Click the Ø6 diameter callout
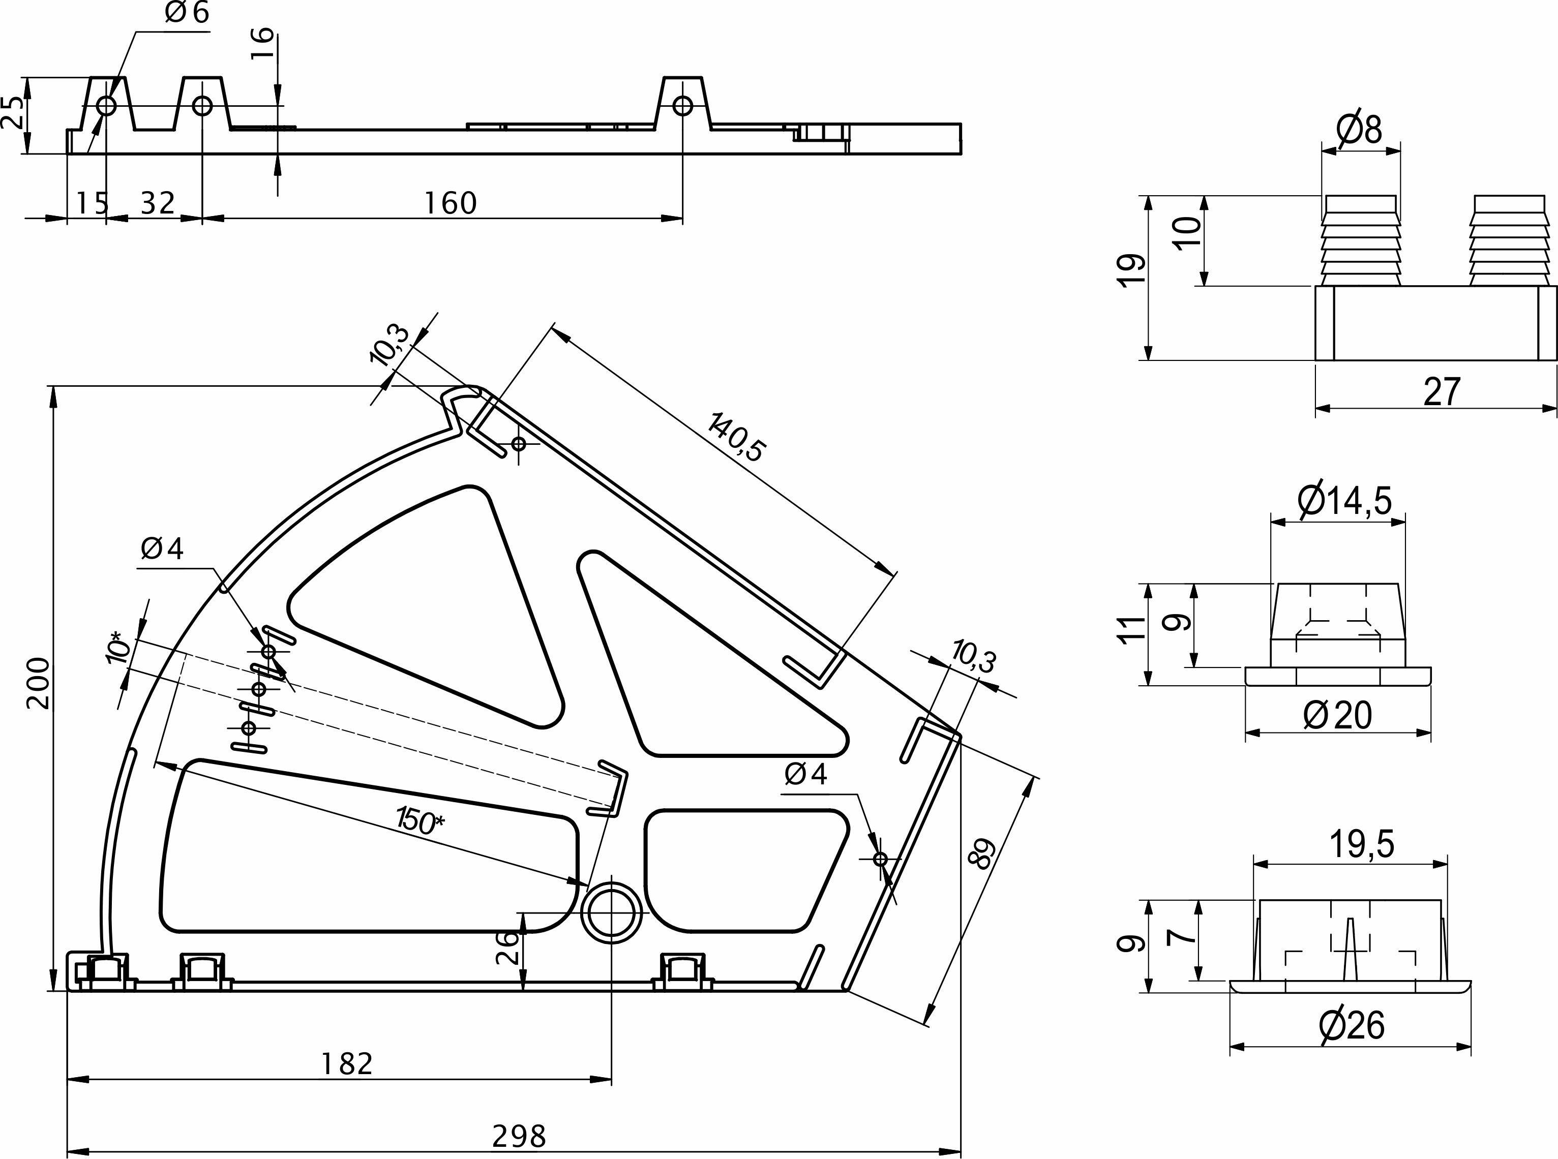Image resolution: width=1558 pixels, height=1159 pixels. pyautogui.click(x=187, y=13)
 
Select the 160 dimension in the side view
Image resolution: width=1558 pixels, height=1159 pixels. pyautogui.click(x=451, y=203)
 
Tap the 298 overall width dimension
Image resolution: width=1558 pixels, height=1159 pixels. pyautogui.click(x=519, y=1136)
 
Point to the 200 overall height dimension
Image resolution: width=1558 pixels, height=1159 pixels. pyautogui.click(x=39, y=684)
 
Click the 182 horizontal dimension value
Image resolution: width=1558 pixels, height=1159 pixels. pyautogui.click(x=347, y=1064)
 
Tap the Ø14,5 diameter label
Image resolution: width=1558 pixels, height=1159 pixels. pyautogui.click(x=1344, y=500)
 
